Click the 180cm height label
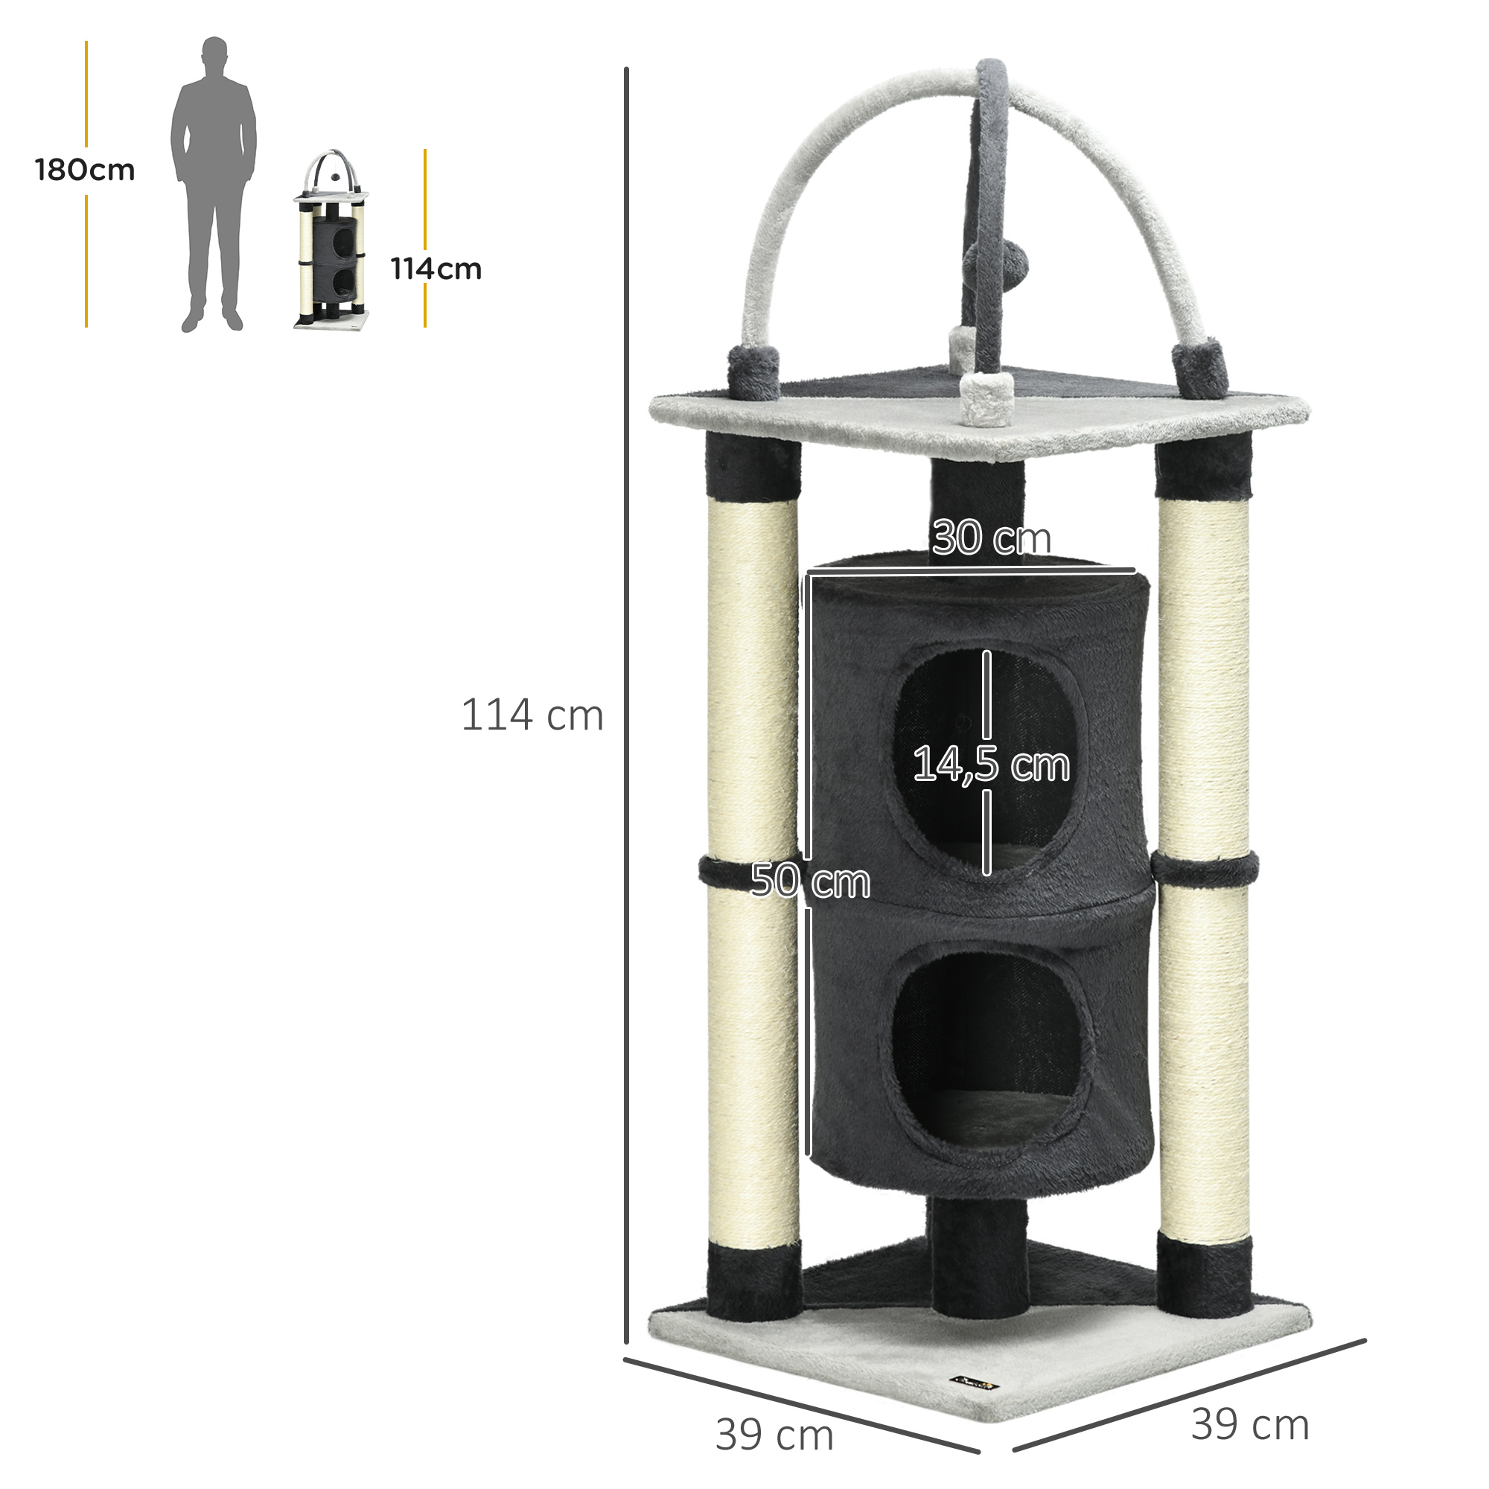point(85,170)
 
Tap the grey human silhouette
point(214,184)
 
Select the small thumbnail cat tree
point(331,240)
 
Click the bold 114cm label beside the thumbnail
point(436,269)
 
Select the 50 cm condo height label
point(810,880)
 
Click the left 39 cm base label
point(774,1435)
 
